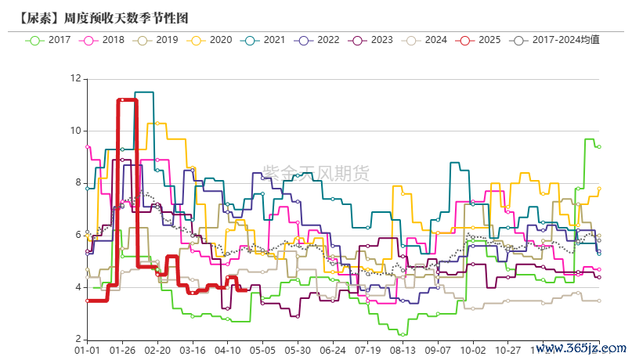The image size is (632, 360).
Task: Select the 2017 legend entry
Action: coord(49,40)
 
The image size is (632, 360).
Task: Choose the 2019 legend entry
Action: coord(156,40)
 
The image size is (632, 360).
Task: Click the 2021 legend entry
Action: coord(264,40)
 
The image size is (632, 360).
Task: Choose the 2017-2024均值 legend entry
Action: coord(554,40)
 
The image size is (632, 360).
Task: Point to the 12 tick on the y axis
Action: coord(75,78)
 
